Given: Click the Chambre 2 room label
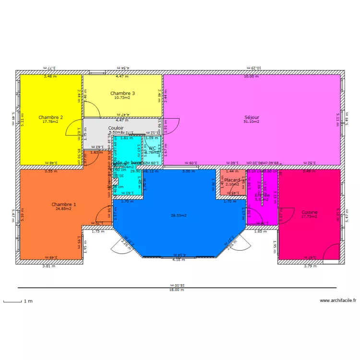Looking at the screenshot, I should click(x=51, y=117).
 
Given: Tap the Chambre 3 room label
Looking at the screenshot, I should click(x=122, y=93).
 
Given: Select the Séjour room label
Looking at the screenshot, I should click(x=252, y=117).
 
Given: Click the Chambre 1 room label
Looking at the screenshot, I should click(x=64, y=204).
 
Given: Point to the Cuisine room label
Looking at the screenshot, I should click(x=309, y=212).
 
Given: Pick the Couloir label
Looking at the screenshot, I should click(x=116, y=128).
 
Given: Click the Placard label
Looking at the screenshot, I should click(x=232, y=180).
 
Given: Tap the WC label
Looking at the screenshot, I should click(x=152, y=148).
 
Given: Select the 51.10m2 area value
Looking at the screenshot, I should click(x=252, y=122).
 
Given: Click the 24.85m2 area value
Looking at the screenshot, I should click(x=64, y=209).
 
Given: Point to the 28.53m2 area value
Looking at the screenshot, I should click(x=179, y=216).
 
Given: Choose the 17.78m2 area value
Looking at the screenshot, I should click(x=50, y=122).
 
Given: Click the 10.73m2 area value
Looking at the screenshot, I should click(x=122, y=98).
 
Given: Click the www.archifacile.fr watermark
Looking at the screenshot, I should click(x=338, y=301).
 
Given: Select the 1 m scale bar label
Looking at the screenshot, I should click(x=29, y=301).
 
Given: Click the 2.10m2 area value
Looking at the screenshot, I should click(x=232, y=185).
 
